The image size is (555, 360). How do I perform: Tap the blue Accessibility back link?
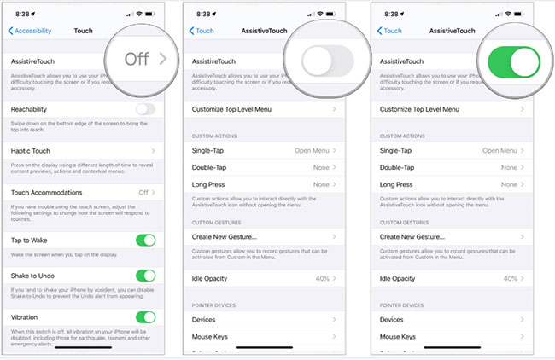click(30, 31)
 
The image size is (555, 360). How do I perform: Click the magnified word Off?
click(137, 59)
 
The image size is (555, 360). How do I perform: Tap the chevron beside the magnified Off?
click(163, 59)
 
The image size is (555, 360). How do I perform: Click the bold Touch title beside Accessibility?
click(84, 31)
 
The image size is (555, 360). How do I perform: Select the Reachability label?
click(29, 109)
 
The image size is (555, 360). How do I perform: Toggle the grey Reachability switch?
click(146, 109)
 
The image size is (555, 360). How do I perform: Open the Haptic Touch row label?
click(32, 150)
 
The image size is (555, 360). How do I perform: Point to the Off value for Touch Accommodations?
click(143, 192)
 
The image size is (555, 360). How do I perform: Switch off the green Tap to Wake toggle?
click(146, 241)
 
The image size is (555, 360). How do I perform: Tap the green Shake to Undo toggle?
click(146, 276)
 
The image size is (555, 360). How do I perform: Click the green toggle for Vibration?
click(146, 317)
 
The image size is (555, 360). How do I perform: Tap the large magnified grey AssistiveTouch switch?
click(329, 61)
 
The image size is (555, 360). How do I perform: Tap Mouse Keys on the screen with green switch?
click(398, 337)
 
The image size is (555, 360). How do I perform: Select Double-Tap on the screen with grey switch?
click(209, 167)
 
